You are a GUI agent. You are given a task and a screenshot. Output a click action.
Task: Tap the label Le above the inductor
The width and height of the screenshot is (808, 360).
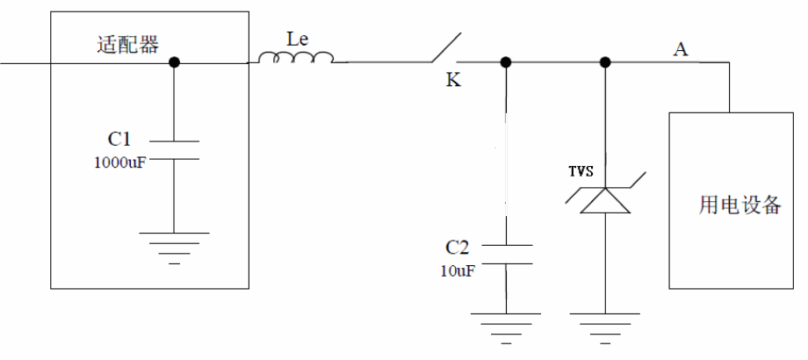(298, 40)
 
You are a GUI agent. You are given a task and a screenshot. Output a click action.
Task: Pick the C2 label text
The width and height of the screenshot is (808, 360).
(459, 247)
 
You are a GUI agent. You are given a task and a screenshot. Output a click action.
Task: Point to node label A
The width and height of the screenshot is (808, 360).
(680, 48)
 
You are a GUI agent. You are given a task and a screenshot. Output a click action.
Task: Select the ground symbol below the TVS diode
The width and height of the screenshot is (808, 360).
(605, 324)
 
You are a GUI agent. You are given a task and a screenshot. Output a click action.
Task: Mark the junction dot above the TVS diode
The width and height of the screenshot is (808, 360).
(605, 62)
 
